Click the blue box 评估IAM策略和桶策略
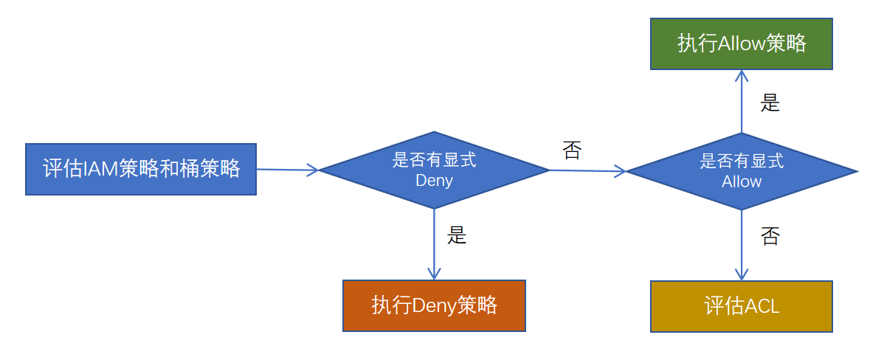141,169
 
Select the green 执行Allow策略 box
741,44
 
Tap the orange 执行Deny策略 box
434,305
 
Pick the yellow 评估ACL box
741,306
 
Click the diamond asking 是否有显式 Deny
434,170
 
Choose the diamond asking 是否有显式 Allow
741,171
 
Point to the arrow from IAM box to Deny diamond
288,170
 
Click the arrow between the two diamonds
587,171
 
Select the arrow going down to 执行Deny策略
434,243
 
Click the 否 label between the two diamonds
572,150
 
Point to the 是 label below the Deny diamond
457,235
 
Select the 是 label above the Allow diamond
770,103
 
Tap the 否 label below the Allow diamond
770,237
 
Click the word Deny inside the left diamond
434,181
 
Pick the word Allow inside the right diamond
742,181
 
